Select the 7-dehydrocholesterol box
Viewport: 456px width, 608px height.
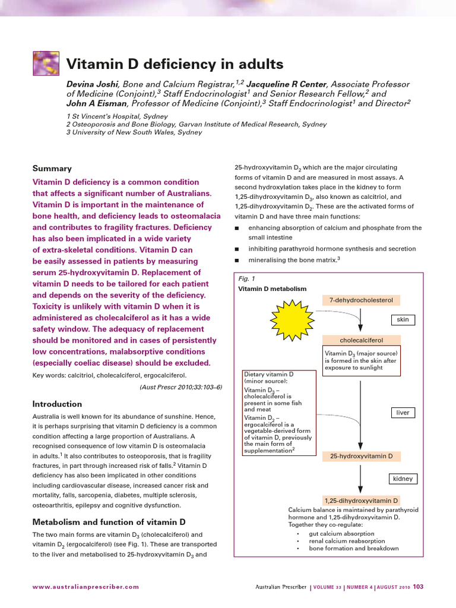point(361,300)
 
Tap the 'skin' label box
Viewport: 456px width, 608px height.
point(403,319)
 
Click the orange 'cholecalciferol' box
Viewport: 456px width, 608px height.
point(361,340)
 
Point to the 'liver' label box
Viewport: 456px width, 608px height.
point(403,412)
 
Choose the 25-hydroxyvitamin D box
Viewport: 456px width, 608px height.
point(361,456)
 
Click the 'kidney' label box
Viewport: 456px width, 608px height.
point(403,479)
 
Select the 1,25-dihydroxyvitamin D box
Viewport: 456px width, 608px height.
point(361,501)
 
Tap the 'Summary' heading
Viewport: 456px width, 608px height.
point(52,168)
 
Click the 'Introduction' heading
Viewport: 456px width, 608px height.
point(57,404)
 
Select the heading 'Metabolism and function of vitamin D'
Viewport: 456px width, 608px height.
point(109,522)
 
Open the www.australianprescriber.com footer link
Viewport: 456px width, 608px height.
point(85,587)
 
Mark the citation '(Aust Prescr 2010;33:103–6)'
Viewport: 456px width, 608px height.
point(180,387)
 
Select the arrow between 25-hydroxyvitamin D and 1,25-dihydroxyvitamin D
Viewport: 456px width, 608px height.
point(360,478)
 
